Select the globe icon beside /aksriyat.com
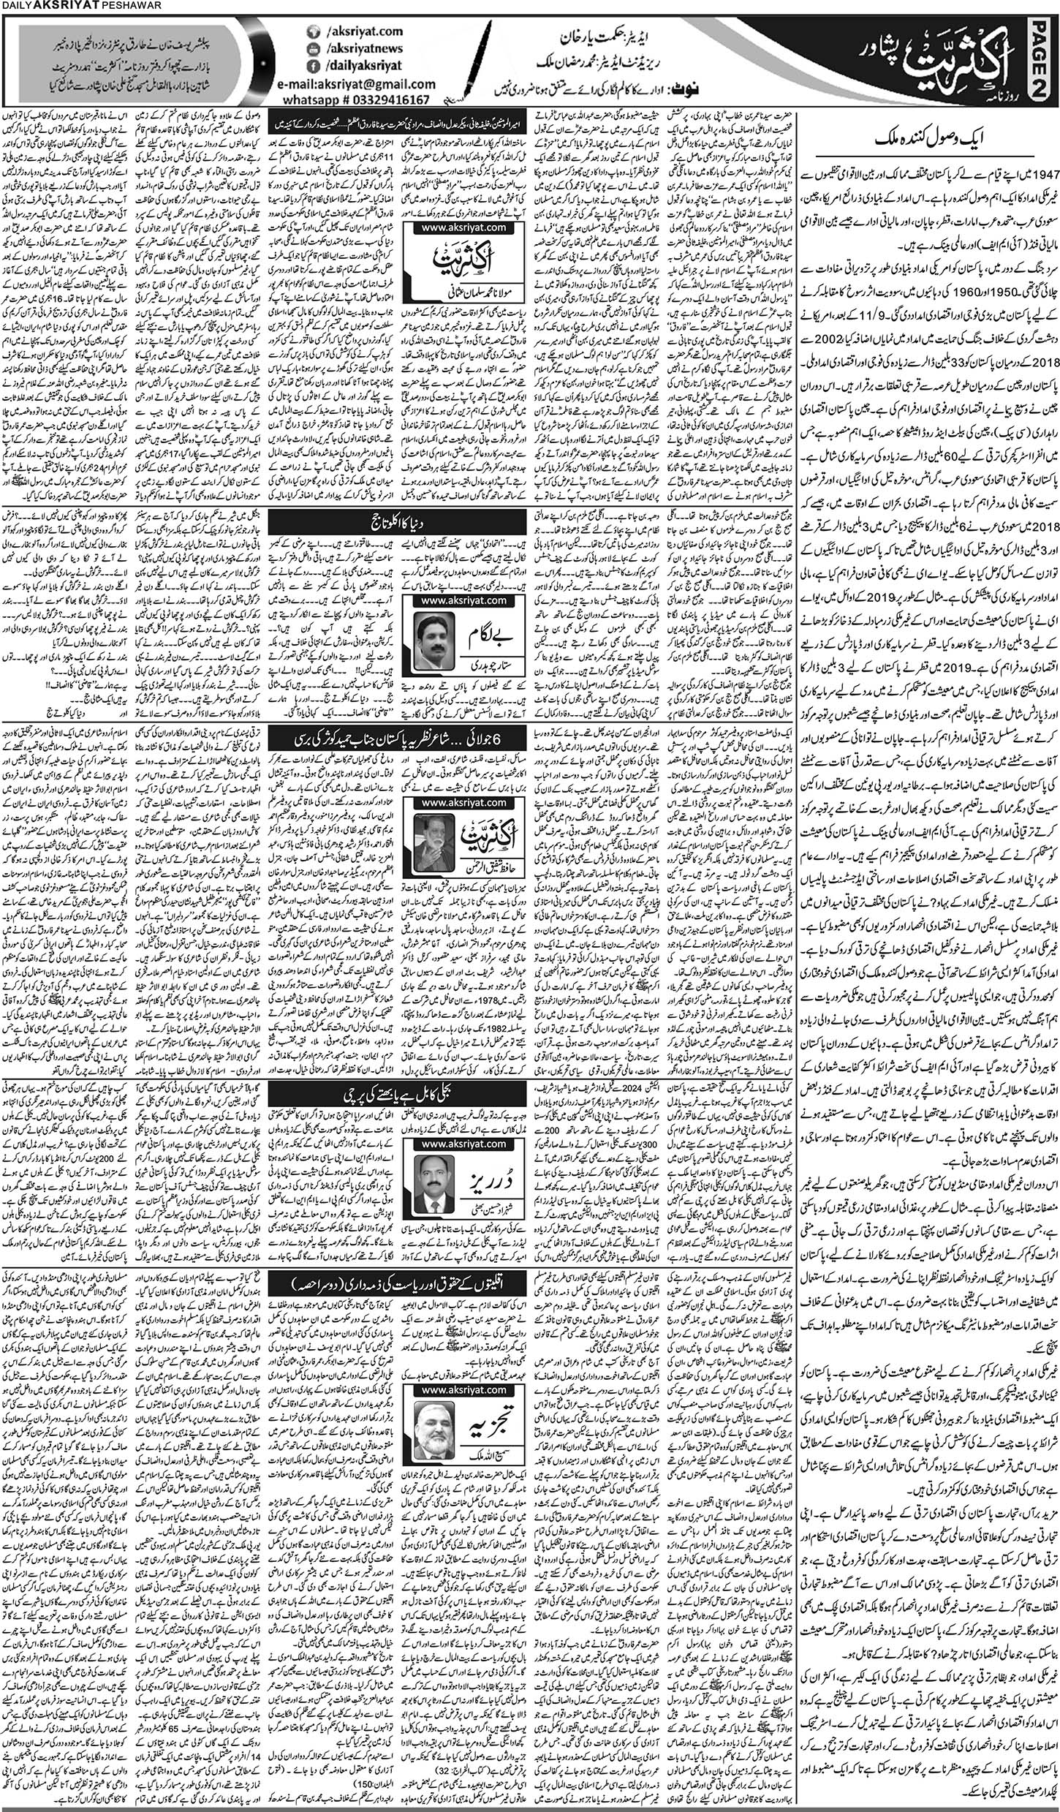[315, 34]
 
